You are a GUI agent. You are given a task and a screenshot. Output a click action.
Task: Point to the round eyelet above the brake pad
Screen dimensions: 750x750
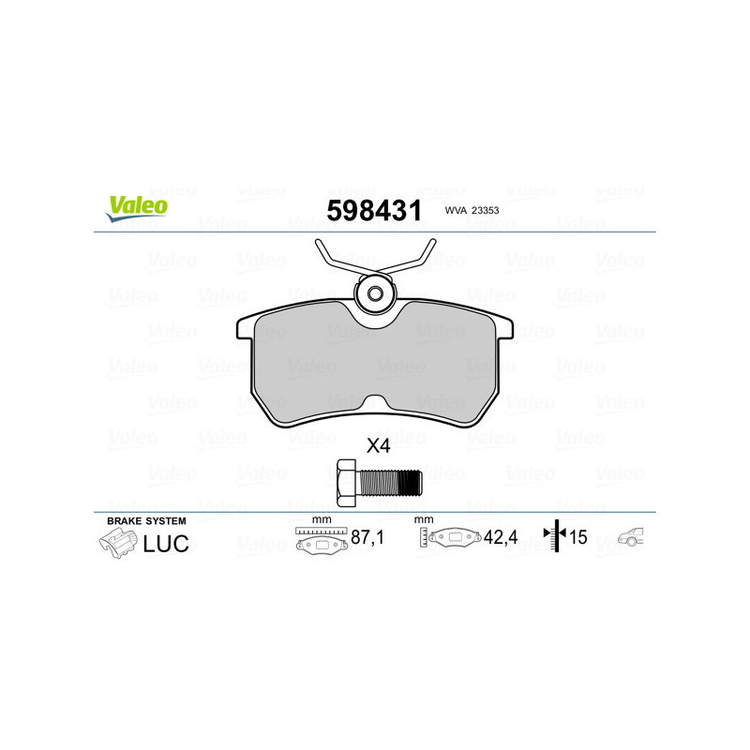pos(375,293)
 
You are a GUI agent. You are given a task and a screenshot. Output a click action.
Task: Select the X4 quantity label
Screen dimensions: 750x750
pos(377,446)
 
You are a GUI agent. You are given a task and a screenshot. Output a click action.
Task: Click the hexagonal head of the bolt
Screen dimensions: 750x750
pos(345,483)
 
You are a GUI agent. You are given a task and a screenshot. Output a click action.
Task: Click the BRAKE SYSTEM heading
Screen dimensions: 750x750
pos(146,520)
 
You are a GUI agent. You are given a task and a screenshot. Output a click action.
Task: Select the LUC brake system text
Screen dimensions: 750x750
pos(165,542)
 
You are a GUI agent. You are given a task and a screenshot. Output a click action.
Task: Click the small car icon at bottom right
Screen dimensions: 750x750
pos(630,538)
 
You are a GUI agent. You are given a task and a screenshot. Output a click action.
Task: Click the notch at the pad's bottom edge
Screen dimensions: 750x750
pos(374,403)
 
